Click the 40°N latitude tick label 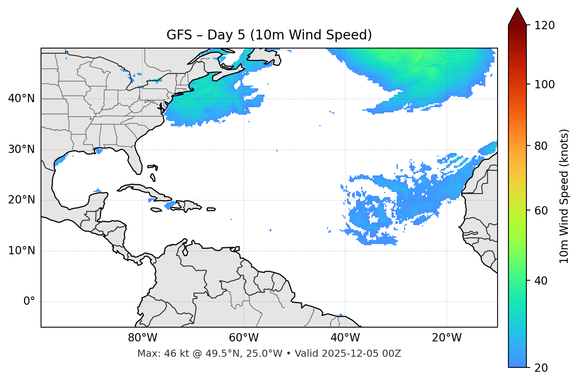[21, 99]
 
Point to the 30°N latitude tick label [21, 149]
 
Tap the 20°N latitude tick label [21, 200]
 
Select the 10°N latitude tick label [21, 251]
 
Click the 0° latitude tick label [29, 302]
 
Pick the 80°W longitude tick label [142, 338]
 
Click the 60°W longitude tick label [244, 338]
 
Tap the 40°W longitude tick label [345, 338]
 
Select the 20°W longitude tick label [446, 338]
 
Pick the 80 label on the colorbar [543, 146]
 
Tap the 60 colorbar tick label [543, 211]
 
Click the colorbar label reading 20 [543, 368]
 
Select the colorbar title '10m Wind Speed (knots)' [564, 196]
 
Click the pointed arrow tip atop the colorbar [517, 9]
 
